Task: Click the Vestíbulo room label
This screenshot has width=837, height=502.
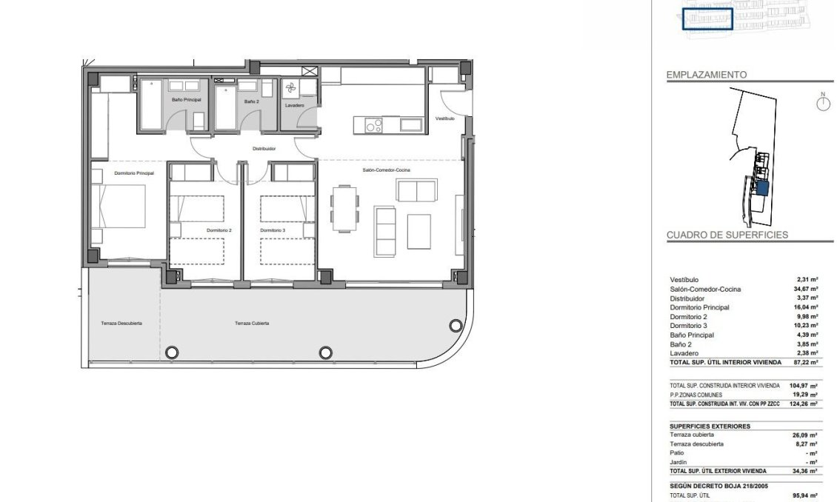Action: (x=444, y=118)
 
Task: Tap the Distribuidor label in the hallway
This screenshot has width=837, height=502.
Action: (x=264, y=149)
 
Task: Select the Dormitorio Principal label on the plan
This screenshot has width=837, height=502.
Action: (x=134, y=173)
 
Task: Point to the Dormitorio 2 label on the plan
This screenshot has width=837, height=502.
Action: (x=220, y=230)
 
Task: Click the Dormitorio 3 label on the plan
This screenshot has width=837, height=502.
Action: (x=273, y=230)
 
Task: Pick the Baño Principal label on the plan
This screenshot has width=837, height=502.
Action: (x=186, y=99)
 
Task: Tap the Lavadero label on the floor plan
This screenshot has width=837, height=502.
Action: (x=294, y=105)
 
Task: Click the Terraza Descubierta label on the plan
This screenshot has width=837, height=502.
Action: (x=121, y=324)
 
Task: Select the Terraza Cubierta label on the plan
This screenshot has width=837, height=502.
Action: (x=252, y=324)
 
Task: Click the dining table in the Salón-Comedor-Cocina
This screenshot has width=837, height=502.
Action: (x=343, y=208)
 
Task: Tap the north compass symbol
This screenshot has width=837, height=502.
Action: (x=822, y=103)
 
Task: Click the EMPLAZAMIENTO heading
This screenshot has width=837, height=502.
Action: (x=707, y=75)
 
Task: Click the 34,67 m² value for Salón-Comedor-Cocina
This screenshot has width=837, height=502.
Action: (x=807, y=289)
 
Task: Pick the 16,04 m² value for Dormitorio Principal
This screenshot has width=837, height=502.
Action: (x=807, y=307)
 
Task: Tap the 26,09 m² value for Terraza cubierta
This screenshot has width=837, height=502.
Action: (x=807, y=435)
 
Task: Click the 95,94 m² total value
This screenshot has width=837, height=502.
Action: (x=807, y=495)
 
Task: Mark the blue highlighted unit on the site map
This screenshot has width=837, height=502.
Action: (x=763, y=188)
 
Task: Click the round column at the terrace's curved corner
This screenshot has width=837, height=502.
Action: (x=454, y=325)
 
